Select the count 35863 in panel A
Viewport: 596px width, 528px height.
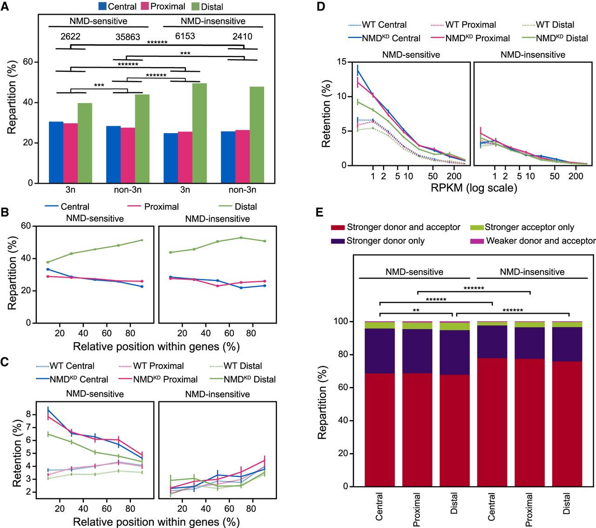pos(128,37)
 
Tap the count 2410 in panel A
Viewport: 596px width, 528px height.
pos(242,36)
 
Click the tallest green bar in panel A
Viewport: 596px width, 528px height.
pos(199,133)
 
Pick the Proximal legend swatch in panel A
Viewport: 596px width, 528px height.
pos(145,7)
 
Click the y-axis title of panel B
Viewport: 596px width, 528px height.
pos(12,273)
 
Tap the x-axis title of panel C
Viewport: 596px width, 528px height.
pos(156,522)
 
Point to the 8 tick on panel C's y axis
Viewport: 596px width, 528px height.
pos(28,414)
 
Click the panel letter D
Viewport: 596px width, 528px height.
pos(320,7)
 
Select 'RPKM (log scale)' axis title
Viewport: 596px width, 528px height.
pos(474,188)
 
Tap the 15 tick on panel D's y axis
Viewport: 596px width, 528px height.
pos(342,62)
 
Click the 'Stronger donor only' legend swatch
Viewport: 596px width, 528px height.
pos(338,241)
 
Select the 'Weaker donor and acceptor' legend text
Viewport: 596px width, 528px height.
pos(541,241)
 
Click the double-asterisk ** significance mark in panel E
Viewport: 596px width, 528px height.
pos(416,310)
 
